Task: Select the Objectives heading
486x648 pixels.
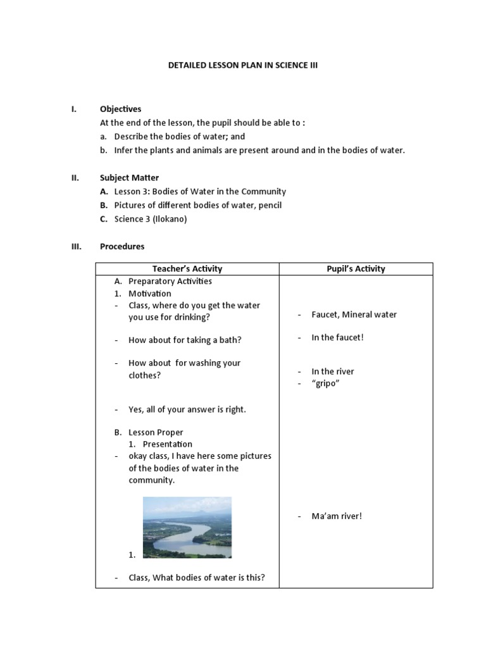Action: pos(120,109)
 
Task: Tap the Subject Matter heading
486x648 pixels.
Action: pos(129,178)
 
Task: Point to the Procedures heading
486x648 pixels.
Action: pos(122,246)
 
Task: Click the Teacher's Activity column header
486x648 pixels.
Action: pos(187,269)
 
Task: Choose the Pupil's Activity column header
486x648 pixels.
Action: pos(356,269)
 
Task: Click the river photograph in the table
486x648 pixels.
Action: pos(187,527)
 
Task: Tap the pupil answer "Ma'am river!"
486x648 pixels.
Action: pos(337,516)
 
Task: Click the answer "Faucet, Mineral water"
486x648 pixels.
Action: pos(354,315)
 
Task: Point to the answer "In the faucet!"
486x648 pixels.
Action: pos(337,337)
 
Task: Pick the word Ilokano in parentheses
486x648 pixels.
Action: pos(168,219)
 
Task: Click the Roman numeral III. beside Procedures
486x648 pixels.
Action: pos(77,246)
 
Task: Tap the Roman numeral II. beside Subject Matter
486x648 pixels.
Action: pos(75,178)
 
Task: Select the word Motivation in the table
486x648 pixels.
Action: pos(149,294)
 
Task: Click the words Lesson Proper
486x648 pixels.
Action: pos(156,432)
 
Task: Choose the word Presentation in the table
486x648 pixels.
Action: pos(168,444)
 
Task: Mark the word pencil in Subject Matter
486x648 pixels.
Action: pos(269,205)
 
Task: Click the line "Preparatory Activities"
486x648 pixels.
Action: pos(170,282)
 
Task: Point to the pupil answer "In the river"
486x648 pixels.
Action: pos(333,371)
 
